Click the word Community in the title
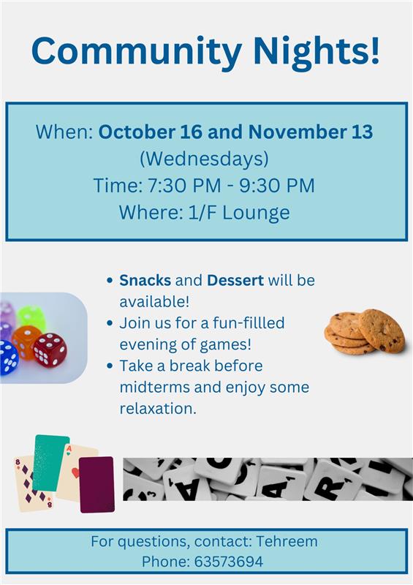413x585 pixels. pyautogui.click(x=137, y=52)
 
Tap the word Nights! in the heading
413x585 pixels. pyautogui.click(x=317, y=50)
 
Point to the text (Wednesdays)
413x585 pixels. pyautogui.click(x=204, y=159)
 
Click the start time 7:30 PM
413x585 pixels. pyautogui.click(x=184, y=186)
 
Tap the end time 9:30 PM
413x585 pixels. pyautogui.click(x=277, y=186)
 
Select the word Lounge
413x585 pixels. pyautogui.click(x=257, y=213)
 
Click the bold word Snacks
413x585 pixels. pyautogui.click(x=145, y=280)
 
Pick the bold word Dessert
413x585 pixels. pyautogui.click(x=235, y=280)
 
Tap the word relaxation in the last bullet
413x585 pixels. pyautogui.click(x=156, y=409)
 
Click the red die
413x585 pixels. pyautogui.click(x=50, y=350)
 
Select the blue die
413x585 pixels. pyautogui.click(x=8, y=358)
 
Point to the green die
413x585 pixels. pyautogui.click(x=31, y=317)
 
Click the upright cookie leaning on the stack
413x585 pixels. pyautogui.click(x=382, y=331)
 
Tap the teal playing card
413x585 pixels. pyautogui.click(x=50, y=463)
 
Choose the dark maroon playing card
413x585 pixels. pyautogui.click(x=96, y=485)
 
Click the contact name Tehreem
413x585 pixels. pyautogui.click(x=287, y=541)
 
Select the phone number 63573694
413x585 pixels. pyautogui.click(x=228, y=562)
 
